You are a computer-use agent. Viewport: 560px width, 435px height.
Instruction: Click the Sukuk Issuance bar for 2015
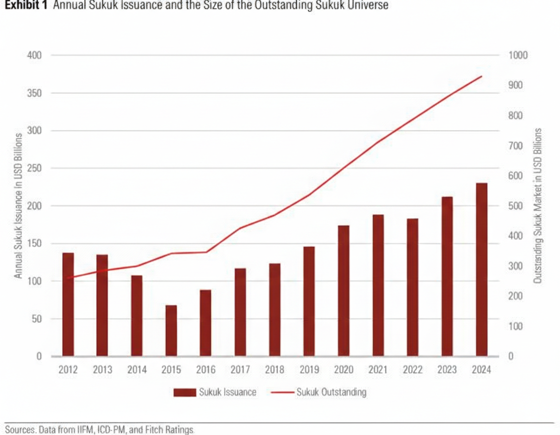[x=171, y=331]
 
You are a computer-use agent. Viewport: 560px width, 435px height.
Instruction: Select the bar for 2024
[x=481, y=269]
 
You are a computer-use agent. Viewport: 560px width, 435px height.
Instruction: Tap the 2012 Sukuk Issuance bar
[x=68, y=304]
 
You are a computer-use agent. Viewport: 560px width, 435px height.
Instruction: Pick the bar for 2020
[x=344, y=291]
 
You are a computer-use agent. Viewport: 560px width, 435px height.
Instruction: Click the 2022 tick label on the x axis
[x=412, y=370]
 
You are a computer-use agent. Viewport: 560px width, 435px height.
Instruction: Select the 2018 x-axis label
[x=275, y=370]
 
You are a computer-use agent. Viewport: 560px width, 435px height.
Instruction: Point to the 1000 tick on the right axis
[x=518, y=55]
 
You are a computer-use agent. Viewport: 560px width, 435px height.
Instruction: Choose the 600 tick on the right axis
[x=516, y=176]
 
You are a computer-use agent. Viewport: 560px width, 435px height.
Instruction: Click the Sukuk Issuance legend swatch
[x=184, y=392]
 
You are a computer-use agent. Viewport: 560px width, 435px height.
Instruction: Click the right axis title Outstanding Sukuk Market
[x=538, y=206]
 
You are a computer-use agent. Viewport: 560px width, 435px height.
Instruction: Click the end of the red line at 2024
[x=481, y=76]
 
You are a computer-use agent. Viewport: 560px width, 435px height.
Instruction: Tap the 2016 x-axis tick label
[x=206, y=370]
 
